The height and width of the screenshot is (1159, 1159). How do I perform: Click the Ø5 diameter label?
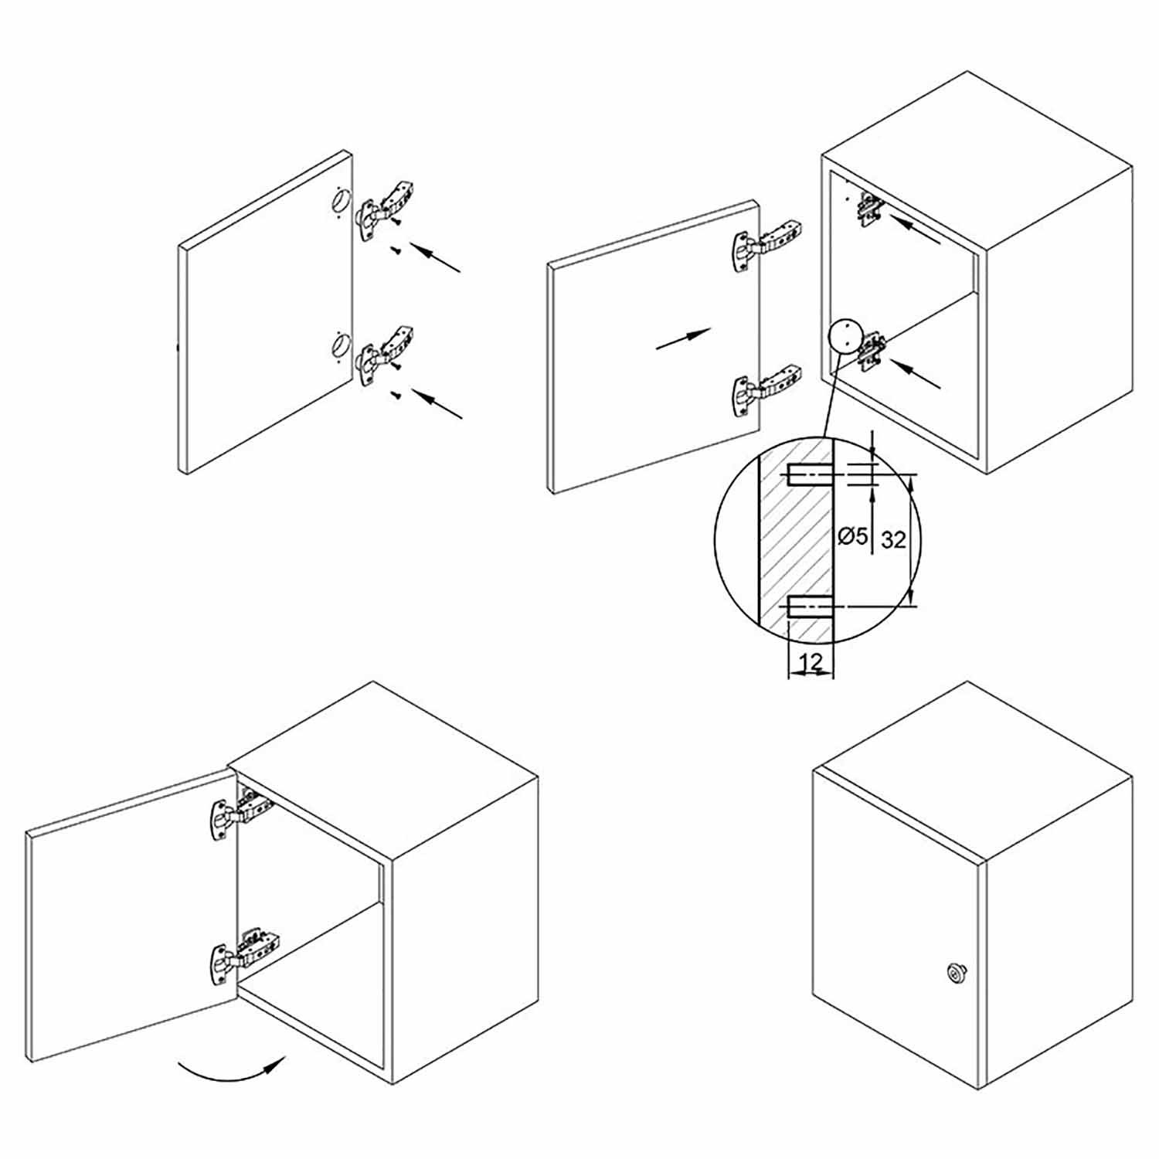(x=854, y=535)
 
